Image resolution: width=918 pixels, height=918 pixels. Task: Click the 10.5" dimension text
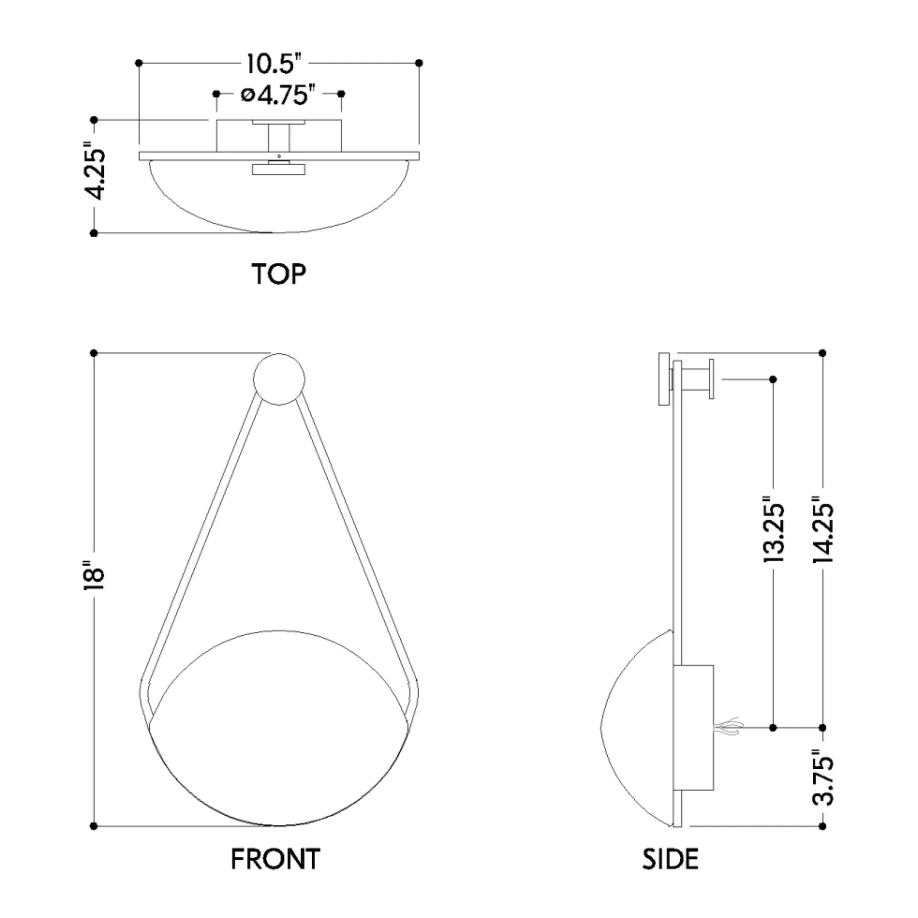[x=274, y=64]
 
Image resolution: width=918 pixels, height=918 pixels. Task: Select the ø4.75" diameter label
[x=278, y=95]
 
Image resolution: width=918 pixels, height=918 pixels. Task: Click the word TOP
[x=279, y=274]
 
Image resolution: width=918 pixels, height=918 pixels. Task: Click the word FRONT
[x=275, y=859]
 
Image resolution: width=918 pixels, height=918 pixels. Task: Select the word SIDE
[x=671, y=859]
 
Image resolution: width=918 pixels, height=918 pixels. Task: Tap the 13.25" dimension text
[x=773, y=530]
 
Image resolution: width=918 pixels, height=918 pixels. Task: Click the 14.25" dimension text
[x=823, y=530]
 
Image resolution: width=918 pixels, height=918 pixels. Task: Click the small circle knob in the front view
[x=279, y=379]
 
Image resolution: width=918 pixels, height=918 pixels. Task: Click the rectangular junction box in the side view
[x=694, y=728]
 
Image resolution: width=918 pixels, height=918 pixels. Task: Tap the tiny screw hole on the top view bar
[x=279, y=156]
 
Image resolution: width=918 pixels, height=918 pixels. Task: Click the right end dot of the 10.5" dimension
[x=419, y=63]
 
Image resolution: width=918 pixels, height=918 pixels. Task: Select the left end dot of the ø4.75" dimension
[x=216, y=94]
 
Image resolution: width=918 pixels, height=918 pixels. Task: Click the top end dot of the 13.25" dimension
[x=773, y=379]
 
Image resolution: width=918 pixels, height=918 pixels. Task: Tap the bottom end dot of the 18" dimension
[x=94, y=826]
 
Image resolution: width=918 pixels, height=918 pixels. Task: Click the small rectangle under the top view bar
[x=279, y=170]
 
